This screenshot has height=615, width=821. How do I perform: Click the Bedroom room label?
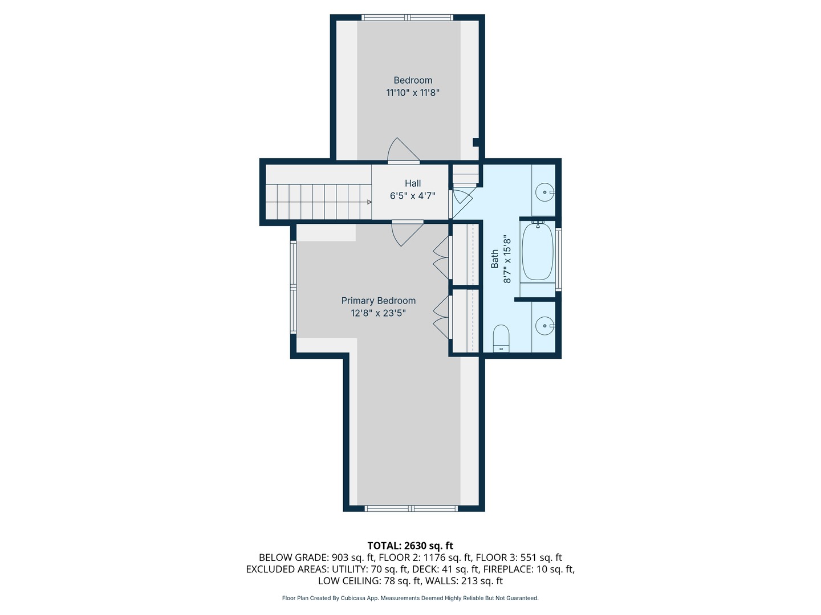(x=413, y=80)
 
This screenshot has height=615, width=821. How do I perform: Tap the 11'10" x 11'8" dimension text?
(x=413, y=93)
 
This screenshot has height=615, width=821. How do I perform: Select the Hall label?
(x=413, y=183)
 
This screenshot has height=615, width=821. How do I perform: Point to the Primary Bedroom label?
(x=378, y=301)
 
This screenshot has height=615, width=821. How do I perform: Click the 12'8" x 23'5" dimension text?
(x=378, y=313)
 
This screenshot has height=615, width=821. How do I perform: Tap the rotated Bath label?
(x=494, y=259)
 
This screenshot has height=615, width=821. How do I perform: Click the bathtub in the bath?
(x=538, y=251)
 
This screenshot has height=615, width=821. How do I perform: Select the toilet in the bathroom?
(x=501, y=338)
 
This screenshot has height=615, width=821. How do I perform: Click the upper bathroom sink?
(x=545, y=192)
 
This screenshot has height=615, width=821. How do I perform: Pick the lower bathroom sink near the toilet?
(x=545, y=326)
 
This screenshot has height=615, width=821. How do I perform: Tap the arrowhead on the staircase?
(x=369, y=202)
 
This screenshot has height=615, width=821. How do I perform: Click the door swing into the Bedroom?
(x=404, y=150)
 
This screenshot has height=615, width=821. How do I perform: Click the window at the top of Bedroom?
(x=407, y=18)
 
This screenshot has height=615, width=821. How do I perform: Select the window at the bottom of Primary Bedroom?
(x=411, y=508)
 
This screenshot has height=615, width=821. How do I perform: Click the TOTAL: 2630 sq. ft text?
(x=410, y=546)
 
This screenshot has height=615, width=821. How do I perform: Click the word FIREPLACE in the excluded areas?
(x=506, y=569)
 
